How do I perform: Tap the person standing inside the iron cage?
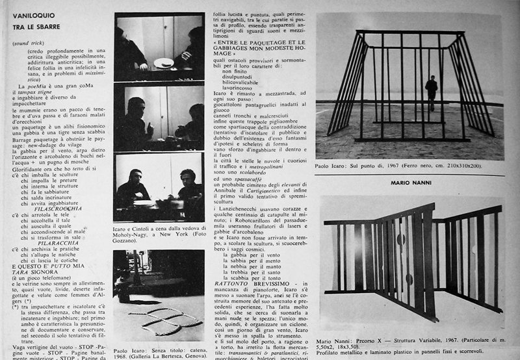[x=431, y=92]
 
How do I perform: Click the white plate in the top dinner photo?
[x=163, y=63]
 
